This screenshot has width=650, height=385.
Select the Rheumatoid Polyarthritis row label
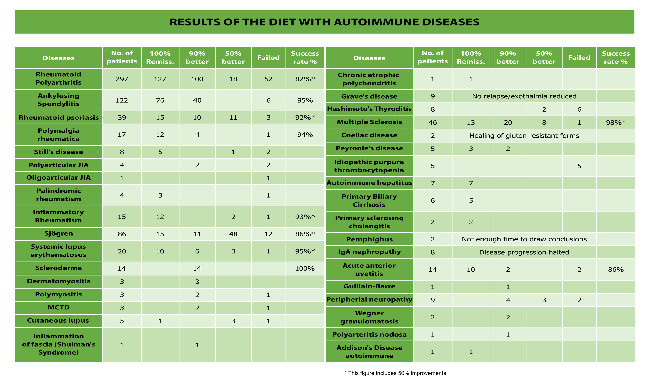point(58,79)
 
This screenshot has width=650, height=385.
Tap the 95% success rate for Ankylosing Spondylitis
point(305,100)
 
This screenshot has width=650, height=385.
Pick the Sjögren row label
point(58,233)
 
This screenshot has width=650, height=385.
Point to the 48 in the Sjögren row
point(233,234)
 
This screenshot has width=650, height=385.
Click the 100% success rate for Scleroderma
point(305,268)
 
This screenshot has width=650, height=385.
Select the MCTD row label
point(58,307)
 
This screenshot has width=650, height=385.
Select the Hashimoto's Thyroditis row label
point(369,109)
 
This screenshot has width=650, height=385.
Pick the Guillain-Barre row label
point(369,286)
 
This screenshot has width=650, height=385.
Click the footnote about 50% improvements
point(395,373)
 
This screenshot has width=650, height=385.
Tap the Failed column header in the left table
point(268,58)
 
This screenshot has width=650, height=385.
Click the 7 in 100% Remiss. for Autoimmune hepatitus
point(471,183)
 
